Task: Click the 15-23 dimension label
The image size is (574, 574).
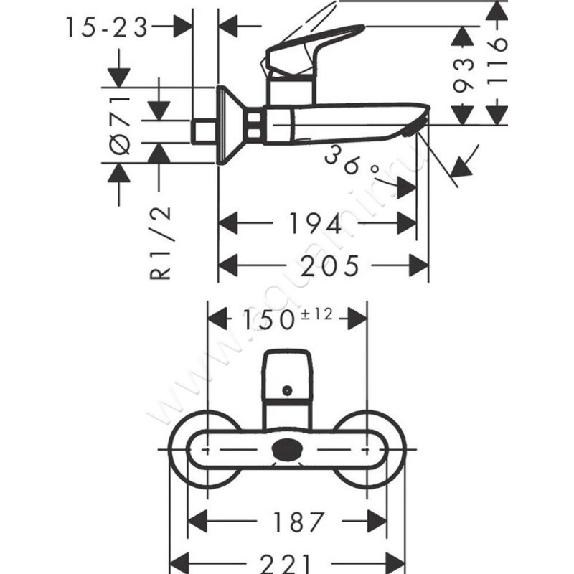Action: point(106,27)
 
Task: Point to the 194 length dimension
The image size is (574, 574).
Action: point(316,225)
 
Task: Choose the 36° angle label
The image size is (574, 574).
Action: point(351,162)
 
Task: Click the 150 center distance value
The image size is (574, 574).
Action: point(266,319)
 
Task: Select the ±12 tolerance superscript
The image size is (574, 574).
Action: point(316,313)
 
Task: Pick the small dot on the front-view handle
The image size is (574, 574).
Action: point(287,390)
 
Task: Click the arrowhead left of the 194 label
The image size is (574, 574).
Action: point(228,224)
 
